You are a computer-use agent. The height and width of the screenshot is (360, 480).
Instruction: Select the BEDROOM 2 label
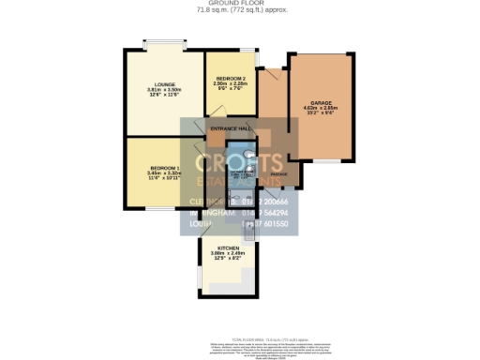[x=230, y=78]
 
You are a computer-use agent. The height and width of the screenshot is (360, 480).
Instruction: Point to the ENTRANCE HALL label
[x=230, y=128]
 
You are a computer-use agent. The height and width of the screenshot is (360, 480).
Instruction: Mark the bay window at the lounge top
[x=160, y=43]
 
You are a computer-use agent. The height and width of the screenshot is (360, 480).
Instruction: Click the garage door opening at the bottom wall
[x=326, y=160]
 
